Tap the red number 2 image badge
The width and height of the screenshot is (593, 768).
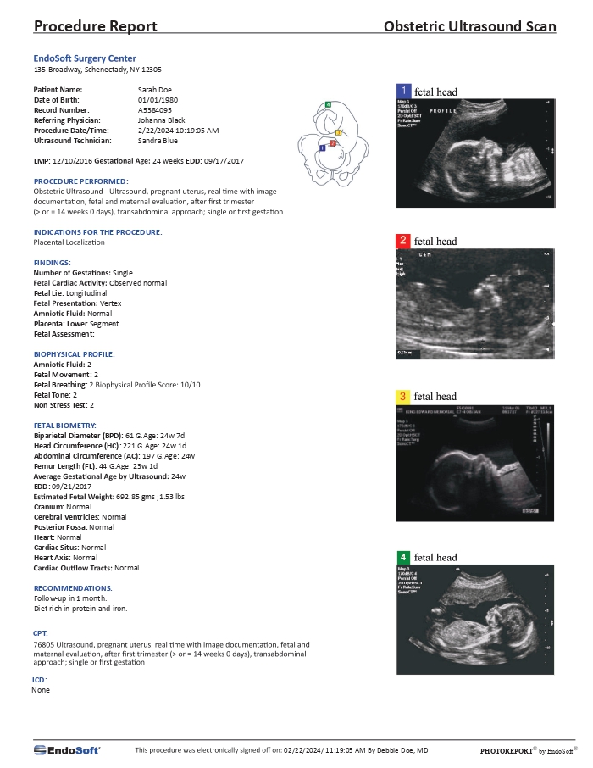point(405,242)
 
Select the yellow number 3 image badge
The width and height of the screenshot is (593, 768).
point(403,396)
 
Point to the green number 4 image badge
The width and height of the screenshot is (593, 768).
point(404,557)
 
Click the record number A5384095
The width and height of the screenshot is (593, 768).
point(155,110)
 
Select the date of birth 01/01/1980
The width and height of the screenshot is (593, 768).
point(156,99)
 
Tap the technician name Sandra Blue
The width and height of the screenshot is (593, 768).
point(158,142)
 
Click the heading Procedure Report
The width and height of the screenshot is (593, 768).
point(95,26)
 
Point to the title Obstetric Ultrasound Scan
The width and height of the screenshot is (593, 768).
point(469,26)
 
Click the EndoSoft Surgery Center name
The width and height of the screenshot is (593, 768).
point(84,58)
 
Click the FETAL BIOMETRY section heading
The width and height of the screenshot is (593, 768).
point(64,424)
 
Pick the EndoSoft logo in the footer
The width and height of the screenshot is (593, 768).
point(67,750)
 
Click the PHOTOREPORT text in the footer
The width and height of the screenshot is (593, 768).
point(507,751)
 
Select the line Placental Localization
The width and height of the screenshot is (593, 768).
point(69,242)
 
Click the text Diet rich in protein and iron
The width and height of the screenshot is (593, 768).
point(80,609)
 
